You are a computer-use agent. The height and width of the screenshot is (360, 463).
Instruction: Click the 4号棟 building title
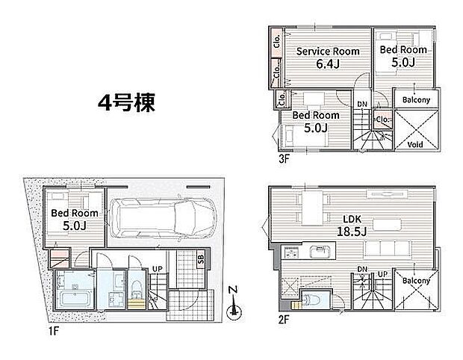click(126, 103)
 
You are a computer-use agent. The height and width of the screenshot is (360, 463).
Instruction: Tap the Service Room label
click(329, 51)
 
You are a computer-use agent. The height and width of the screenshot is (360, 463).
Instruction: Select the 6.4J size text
click(329, 64)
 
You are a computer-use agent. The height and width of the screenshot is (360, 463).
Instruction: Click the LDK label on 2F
click(352, 220)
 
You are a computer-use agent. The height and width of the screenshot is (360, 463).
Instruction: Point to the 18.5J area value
click(352, 233)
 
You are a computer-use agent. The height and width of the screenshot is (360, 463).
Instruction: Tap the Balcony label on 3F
click(416, 100)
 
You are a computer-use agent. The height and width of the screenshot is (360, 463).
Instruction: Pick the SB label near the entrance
click(201, 260)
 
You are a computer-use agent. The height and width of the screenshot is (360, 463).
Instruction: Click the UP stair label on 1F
click(157, 269)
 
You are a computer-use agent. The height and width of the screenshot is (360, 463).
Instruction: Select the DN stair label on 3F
click(361, 104)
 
